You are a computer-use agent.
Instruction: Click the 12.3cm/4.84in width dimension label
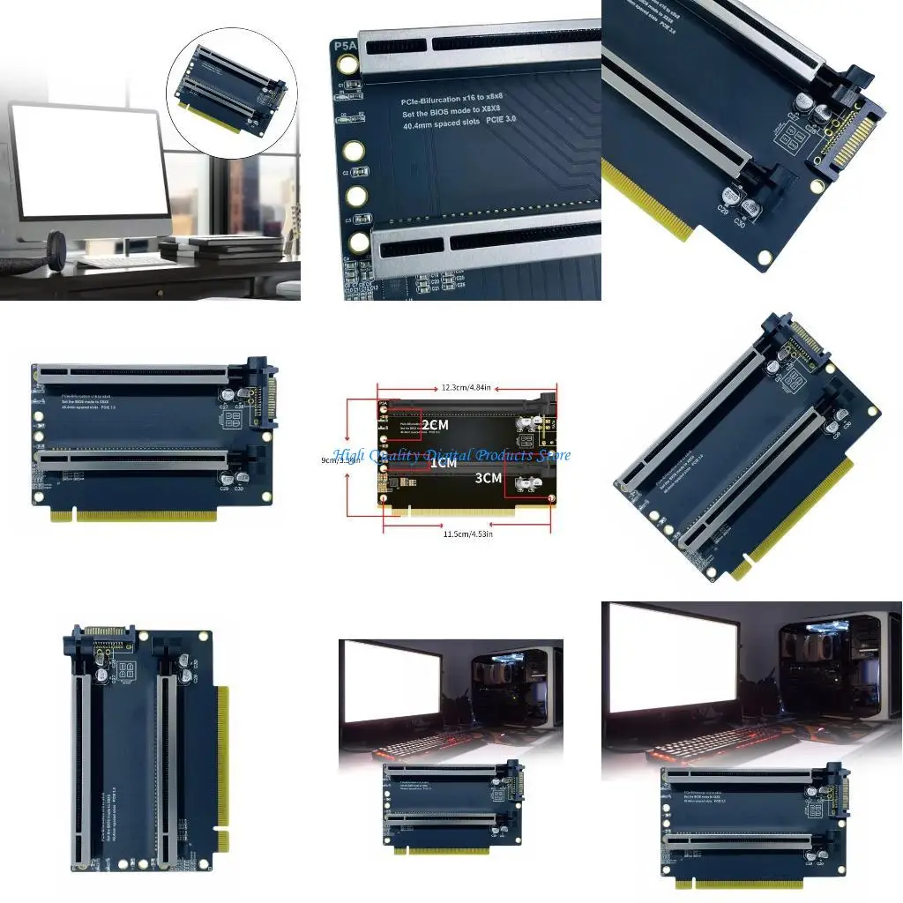point(467,388)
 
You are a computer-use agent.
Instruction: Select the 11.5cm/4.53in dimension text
point(467,534)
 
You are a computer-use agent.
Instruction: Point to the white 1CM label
point(443,462)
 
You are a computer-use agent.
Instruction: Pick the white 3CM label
point(488,478)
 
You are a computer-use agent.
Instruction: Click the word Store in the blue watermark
point(552,455)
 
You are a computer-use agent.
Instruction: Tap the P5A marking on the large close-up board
point(345,45)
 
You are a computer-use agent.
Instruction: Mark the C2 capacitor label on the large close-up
point(347,173)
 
